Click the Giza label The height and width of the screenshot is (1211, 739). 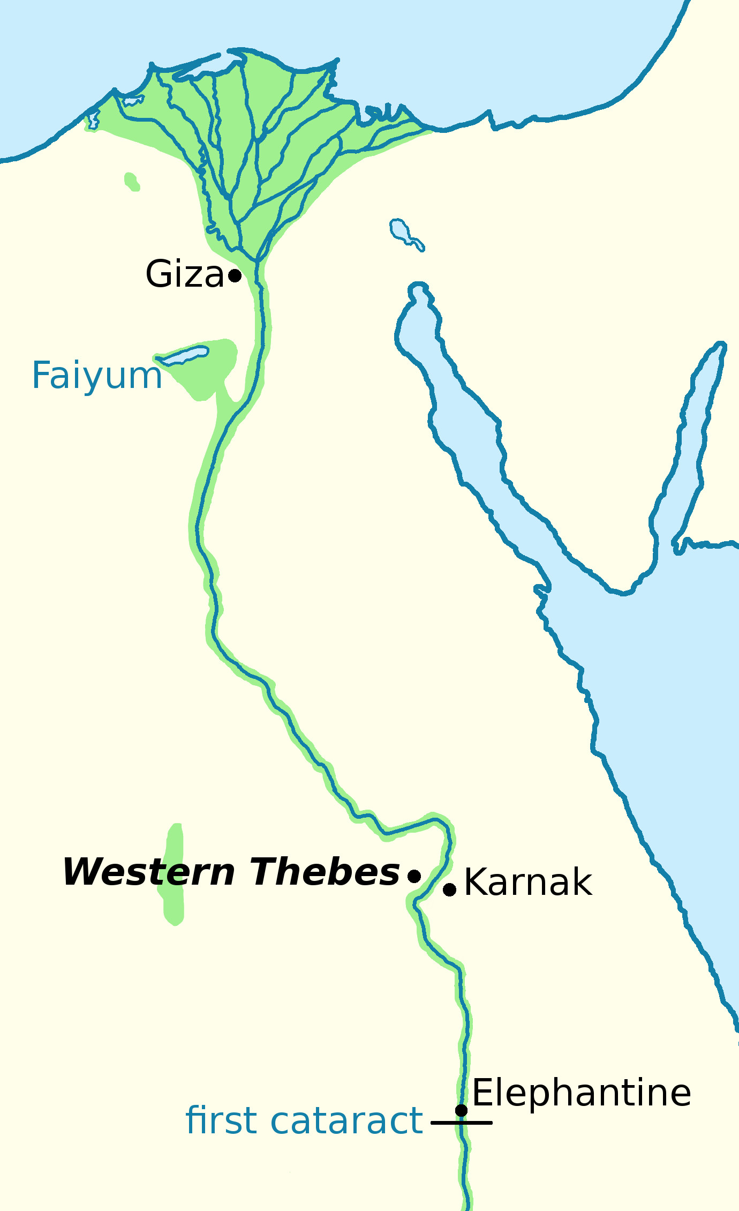pos(184,274)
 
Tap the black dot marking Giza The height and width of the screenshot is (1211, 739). pos(235,275)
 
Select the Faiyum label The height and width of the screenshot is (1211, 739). pos(97,375)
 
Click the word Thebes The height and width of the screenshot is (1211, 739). pos(325,872)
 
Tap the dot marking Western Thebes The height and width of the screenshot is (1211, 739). pos(414,876)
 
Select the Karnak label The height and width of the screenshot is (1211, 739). pos(528,883)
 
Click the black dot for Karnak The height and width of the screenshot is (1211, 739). pos(450,889)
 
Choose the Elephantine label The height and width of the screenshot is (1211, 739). pos(582,1093)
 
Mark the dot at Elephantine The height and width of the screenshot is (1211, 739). pos(461,1110)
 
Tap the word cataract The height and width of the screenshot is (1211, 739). pos(346,1120)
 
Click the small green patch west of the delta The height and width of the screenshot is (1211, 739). pos(131,182)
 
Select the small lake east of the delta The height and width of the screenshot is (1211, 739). pos(399,229)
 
